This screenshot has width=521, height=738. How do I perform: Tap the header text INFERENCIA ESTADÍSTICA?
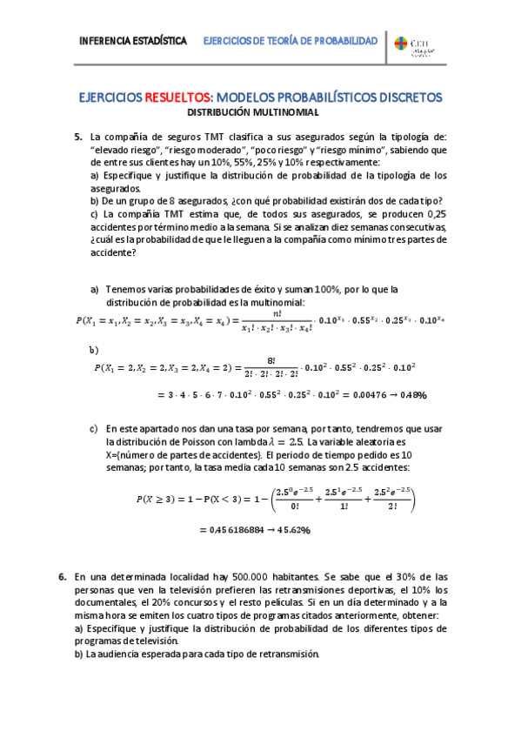(132, 41)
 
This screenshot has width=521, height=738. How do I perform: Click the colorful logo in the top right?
(401, 44)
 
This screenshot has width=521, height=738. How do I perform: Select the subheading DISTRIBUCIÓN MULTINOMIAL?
(254, 112)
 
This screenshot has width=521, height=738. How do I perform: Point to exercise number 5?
(78, 137)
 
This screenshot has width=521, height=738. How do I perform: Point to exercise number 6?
(63, 576)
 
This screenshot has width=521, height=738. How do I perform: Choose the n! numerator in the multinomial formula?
(277, 313)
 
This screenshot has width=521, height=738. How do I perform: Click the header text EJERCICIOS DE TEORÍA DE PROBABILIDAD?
(290, 41)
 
